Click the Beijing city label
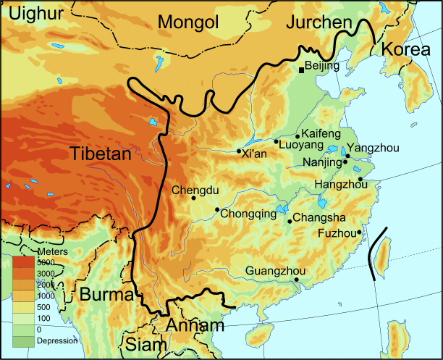(x=322, y=66)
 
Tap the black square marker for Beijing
(x=301, y=70)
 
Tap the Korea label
(x=405, y=50)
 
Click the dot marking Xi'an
(x=240, y=151)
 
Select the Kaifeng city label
(x=320, y=135)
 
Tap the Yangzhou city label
(x=374, y=148)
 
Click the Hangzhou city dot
(x=360, y=179)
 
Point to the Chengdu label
(x=193, y=191)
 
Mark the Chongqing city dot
(x=217, y=210)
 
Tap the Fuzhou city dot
(x=359, y=232)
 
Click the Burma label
(x=106, y=295)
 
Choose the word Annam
(x=195, y=326)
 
